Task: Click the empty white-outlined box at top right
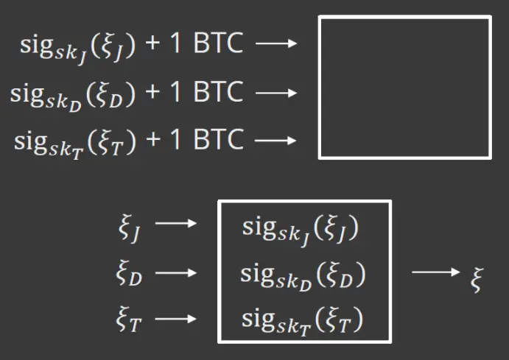pos(404,88)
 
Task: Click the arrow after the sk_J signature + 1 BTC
pos(275,45)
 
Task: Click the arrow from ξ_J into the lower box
pos(176,224)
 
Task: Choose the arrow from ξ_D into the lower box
pos(176,272)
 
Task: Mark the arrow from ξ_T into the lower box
pos(176,318)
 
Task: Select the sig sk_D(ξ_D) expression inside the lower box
pos(303,275)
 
